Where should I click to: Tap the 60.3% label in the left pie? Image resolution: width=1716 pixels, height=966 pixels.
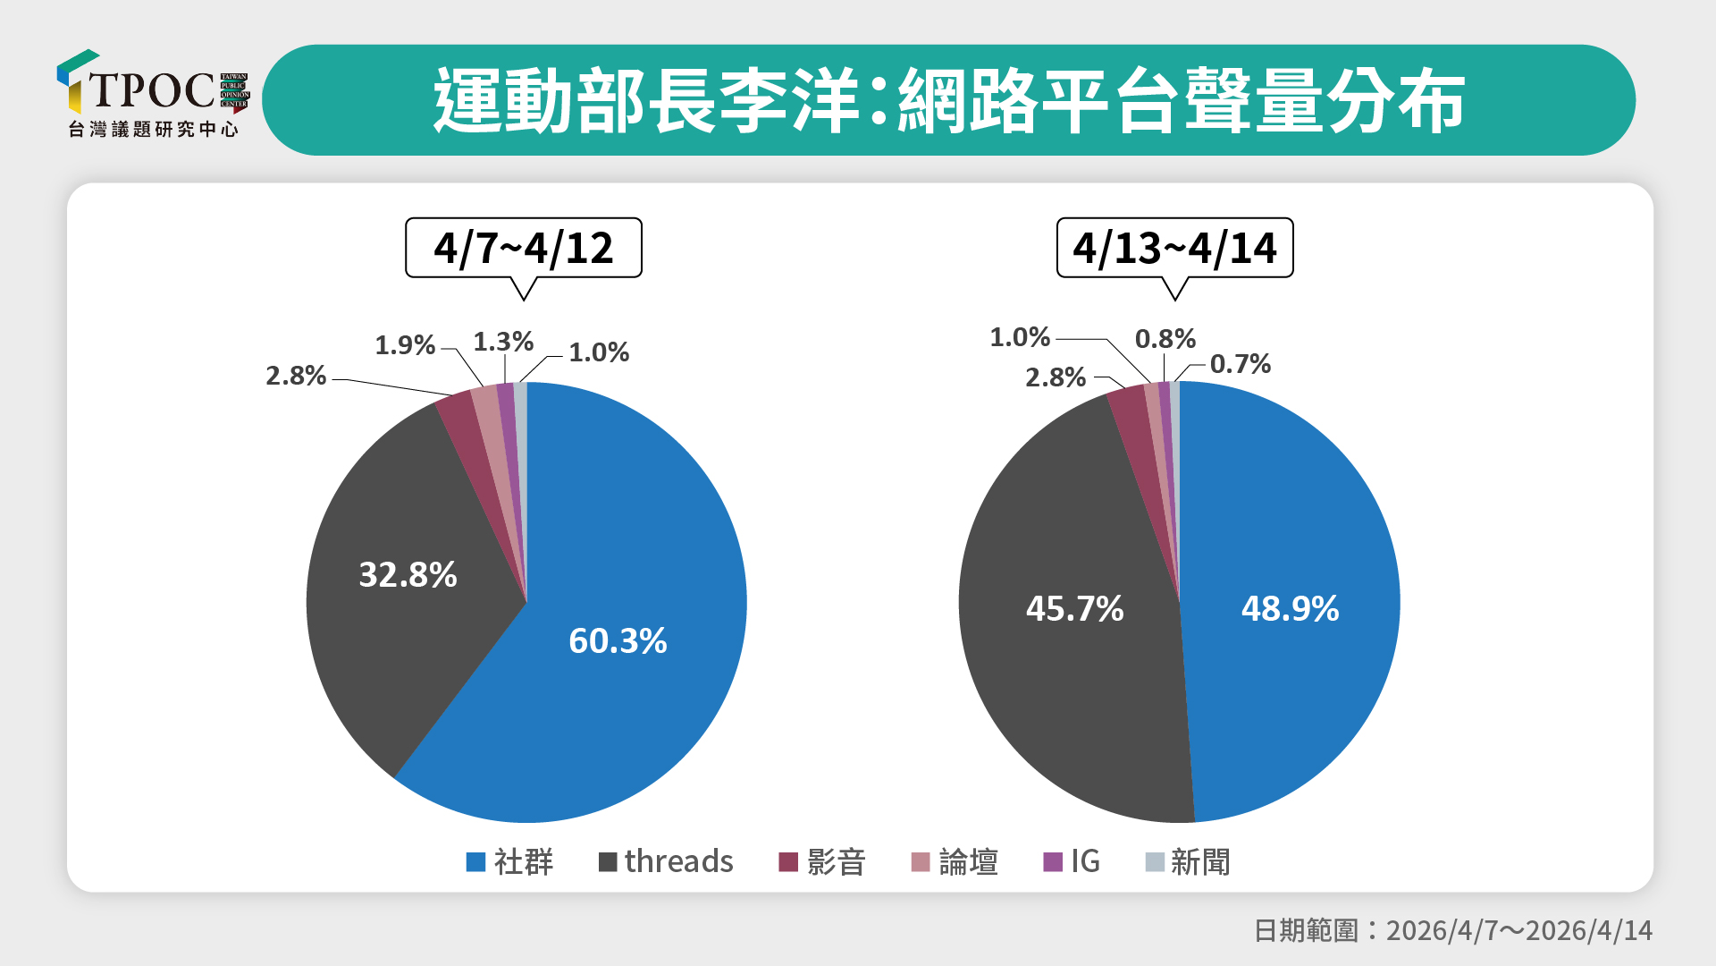tap(618, 640)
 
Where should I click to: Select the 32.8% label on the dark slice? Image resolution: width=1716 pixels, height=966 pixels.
tap(408, 574)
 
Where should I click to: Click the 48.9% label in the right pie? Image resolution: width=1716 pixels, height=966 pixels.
tap(1290, 609)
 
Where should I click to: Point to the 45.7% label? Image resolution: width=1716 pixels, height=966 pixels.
tap(1074, 609)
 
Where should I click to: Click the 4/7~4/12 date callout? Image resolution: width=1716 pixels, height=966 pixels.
tap(524, 248)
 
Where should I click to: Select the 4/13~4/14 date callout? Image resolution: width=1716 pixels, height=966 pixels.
tap(1174, 248)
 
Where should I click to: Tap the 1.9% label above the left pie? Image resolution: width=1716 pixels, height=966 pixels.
tap(405, 345)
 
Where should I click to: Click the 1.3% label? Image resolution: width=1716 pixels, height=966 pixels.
tap(503, 342)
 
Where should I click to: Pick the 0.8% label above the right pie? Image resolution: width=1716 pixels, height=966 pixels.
tap(1165, 339)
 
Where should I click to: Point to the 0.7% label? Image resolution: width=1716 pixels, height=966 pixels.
tap(1241, 364)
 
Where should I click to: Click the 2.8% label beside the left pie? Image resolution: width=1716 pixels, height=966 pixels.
tap(296, 376)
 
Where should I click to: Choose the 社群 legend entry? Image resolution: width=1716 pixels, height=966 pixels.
tap(510, 861)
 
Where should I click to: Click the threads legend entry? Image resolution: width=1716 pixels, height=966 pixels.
tap(666, 861)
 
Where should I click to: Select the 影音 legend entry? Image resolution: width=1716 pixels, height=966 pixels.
tap(822, 861)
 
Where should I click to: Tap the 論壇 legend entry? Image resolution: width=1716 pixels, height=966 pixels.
tap(955, 861)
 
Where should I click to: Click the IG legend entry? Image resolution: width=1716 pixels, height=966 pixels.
tap(1072, 861)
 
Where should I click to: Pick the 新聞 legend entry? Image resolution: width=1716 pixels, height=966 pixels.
tap(1188, 861)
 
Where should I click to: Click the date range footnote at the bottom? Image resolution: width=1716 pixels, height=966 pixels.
tap(1452, 930)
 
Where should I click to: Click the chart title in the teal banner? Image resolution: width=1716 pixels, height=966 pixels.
tap(948, 100)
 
